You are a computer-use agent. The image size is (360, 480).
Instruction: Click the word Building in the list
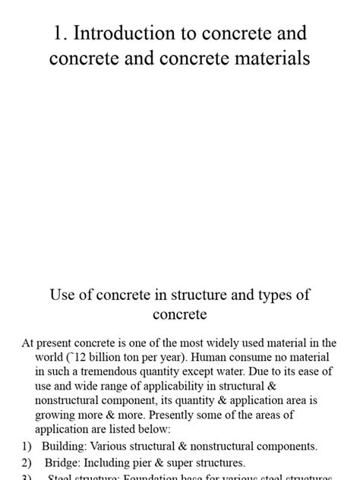coord(64,446)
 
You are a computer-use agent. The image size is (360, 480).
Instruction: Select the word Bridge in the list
coord(60,462)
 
